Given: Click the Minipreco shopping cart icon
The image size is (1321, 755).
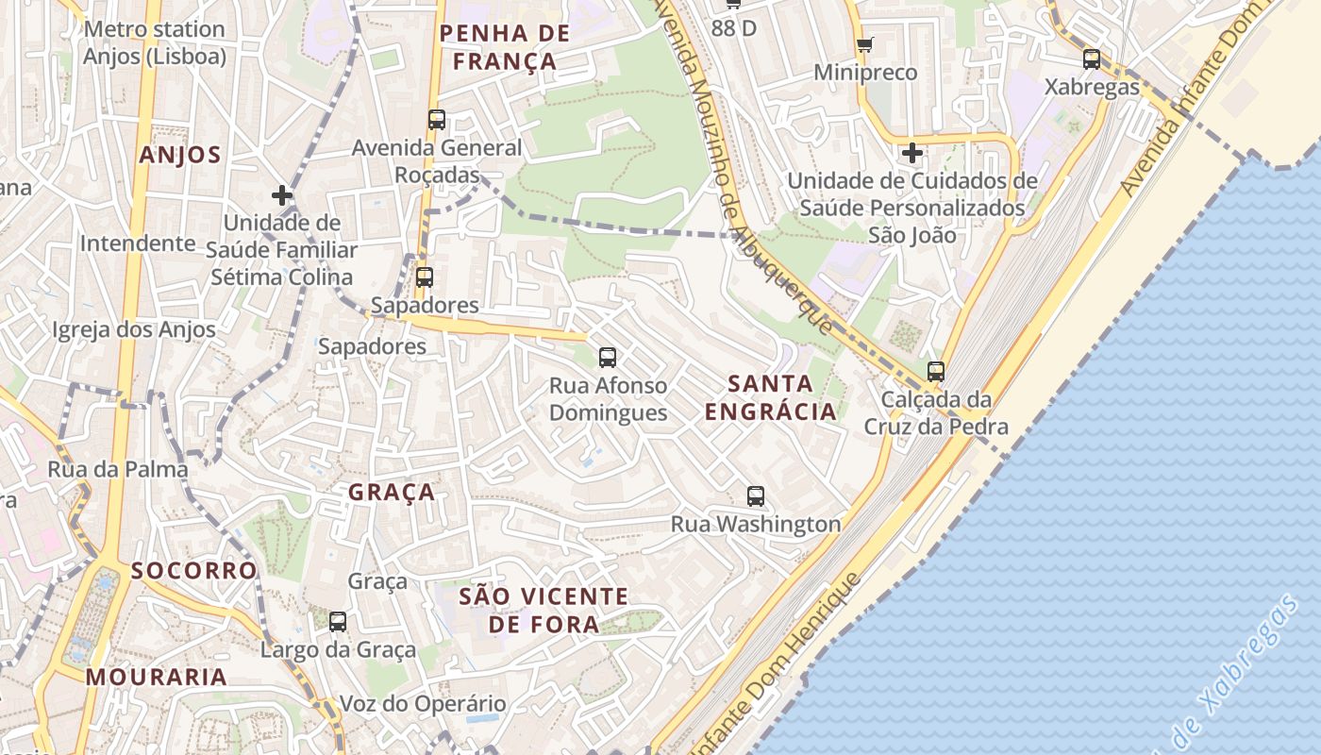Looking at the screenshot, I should click(864, 45).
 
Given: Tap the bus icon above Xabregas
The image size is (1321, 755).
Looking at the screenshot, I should click(1092, 59).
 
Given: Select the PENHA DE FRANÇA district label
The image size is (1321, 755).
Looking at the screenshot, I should click(505, 48).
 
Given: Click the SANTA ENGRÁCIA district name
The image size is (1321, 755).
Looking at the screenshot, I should click(771, 397).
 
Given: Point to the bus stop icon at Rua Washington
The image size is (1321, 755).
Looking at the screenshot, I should click(756, 495).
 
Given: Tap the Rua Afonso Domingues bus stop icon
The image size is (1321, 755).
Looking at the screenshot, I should click(608, 358).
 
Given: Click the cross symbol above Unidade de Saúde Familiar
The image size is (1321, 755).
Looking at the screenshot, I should click(281, 195).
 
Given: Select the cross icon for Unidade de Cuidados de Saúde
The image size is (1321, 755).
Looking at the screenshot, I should click(911, 152).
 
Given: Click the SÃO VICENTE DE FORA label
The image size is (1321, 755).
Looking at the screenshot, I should click(543, 610).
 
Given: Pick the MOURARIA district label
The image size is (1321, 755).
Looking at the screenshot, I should click(157, 677).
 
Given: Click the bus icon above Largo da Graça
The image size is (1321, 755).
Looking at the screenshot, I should click(338, 621).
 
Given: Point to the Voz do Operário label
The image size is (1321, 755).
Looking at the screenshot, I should click(423, 704).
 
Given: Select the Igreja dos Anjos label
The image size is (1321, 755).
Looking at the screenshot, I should click(134, 330).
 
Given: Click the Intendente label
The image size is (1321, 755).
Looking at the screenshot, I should click(138, 243).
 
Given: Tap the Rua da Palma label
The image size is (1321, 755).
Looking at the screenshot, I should click(118, 469).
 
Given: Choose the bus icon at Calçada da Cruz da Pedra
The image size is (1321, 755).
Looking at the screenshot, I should click(936, 372).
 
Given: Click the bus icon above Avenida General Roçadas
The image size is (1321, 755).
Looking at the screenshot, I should click(436, 120).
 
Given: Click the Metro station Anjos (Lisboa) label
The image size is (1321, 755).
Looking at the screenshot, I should click(155, 42).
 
